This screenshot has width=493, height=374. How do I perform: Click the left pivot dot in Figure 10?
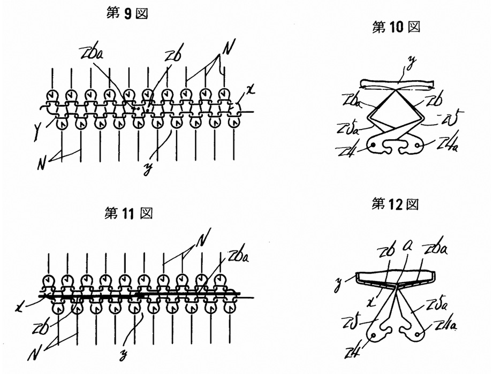[371, 146]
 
